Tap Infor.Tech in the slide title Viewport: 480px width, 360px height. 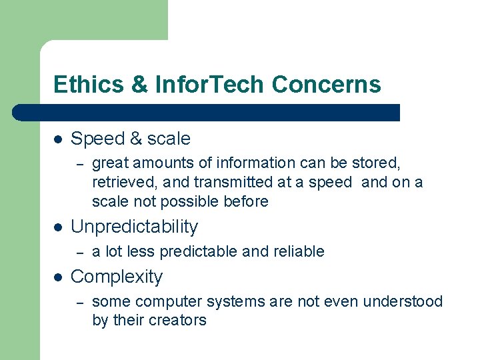pyautogui.click(x=210, y=85)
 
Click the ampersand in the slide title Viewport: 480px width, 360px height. pyautogui.click(x=139, y=85)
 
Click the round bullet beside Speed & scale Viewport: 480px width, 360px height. pyautogui.click(x=58, y=139)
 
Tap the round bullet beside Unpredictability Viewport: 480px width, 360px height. pyautogui.click(x=58, y=227)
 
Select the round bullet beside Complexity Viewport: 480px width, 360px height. pyautogui.click(x=58, y=277)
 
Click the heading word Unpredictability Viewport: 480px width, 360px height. pyautogui.click(x=134, y=227)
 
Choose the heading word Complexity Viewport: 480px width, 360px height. pyautogui.click(x=116, y=277)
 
